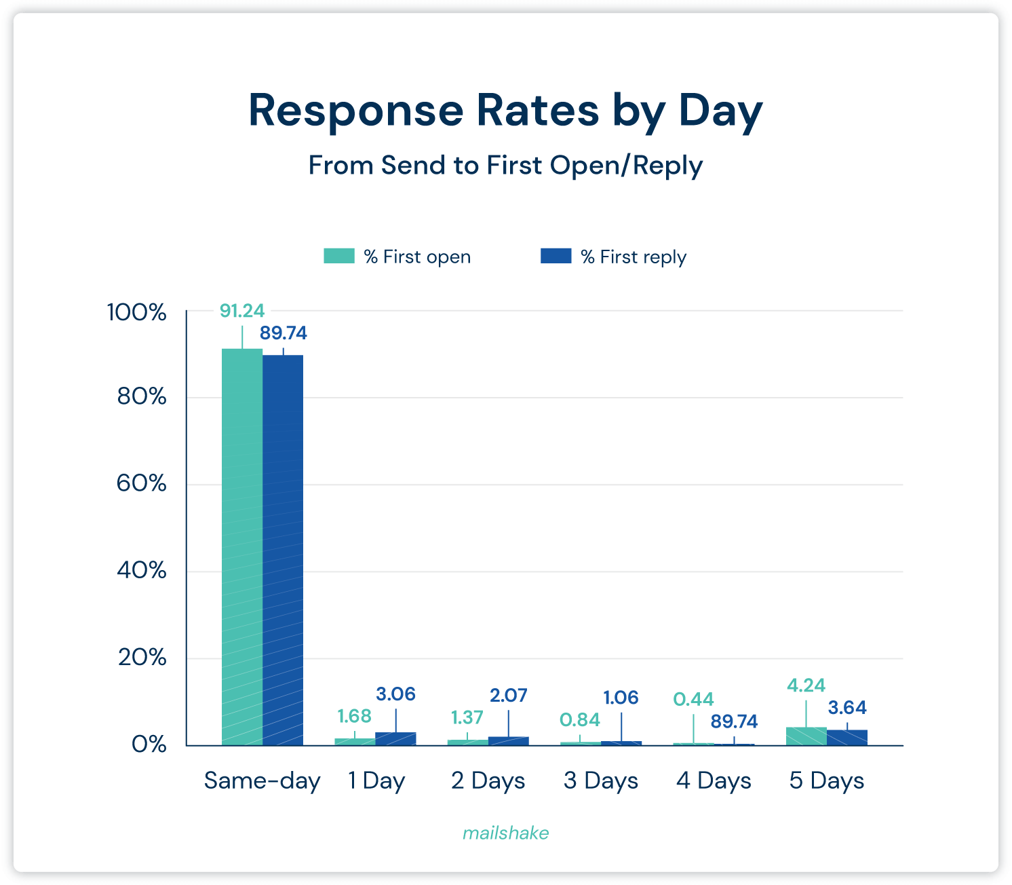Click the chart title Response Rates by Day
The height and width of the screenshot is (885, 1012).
pos(505,111)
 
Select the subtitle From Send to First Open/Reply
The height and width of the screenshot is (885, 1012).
pos(505,166)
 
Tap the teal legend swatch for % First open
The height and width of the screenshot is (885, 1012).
pos(339,256)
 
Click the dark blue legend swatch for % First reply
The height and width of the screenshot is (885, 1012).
pos(556,256)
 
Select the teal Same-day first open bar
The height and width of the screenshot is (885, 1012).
pos(242,546)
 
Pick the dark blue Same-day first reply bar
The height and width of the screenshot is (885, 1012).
pos(283,550)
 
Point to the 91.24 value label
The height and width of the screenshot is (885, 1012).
pos(242,311)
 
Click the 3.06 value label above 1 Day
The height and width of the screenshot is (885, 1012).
pos(395,694)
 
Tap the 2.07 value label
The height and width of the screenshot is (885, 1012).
pos(508,696)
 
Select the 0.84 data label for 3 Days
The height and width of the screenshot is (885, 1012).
pos(580,719)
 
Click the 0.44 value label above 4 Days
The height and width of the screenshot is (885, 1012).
pos(693,699)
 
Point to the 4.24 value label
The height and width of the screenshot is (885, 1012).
pos(806,685)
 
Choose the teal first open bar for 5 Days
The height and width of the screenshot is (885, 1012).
pos(806,736)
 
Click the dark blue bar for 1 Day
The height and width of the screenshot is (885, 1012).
pos(395,739)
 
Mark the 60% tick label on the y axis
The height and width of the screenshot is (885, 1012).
pos(142,484)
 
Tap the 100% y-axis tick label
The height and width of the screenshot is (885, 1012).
pos(137,313)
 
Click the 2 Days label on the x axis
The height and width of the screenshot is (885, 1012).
pos(488,780)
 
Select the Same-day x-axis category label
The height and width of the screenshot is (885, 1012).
pos(262,780)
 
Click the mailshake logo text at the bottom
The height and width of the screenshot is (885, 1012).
pos(505,833)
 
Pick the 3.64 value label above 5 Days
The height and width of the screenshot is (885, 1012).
pos(847,708)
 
